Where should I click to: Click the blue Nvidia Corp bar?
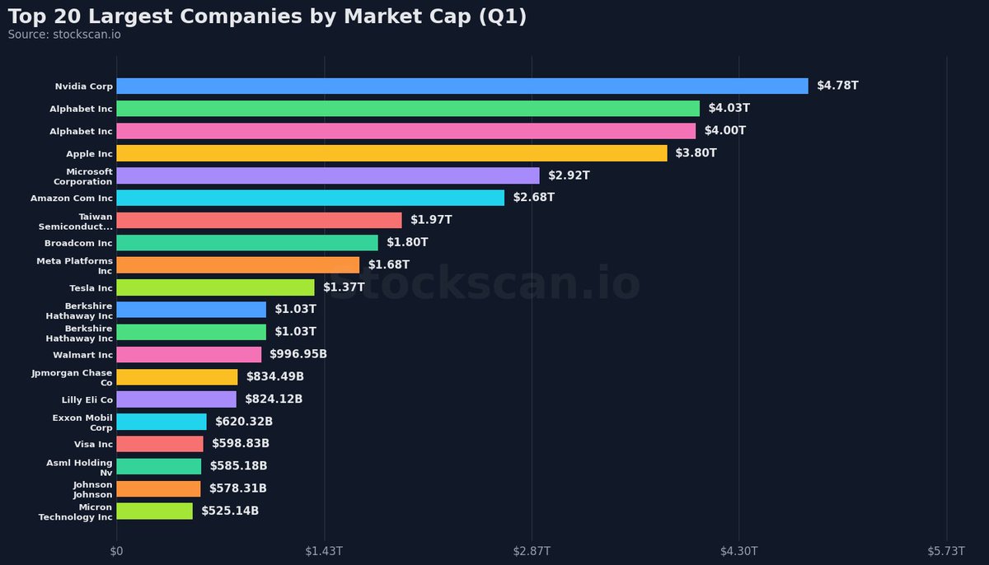point(462,86)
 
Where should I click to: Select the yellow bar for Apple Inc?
point(391,153)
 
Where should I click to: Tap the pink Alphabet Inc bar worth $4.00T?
point(405,131)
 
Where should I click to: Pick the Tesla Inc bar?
point(215,287)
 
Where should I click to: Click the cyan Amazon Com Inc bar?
point(310,198)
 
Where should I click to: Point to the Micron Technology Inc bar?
point(154,511)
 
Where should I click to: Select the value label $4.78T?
point(837,86)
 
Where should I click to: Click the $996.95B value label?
point(298,354)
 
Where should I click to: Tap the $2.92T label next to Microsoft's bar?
point(569,175)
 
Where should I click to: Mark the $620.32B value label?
point(243,422)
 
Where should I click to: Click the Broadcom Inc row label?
point(78,243)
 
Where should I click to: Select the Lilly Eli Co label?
point(87,399)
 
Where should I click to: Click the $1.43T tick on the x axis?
point(324,550)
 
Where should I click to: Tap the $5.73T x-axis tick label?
point(945,550)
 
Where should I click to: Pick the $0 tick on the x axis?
point(116,550)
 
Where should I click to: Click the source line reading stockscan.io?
point(64,35)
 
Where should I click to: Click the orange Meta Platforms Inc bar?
point(237,265)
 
